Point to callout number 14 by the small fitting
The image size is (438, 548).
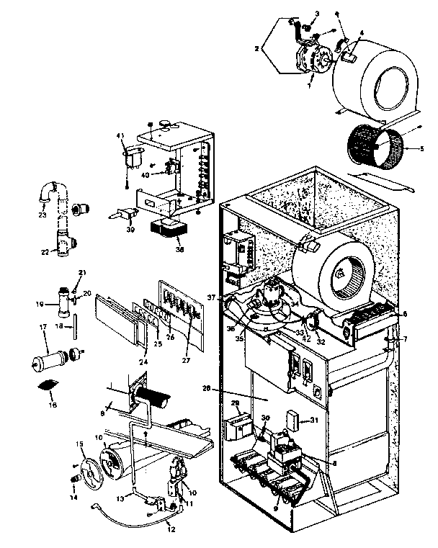click(x=73, y=495)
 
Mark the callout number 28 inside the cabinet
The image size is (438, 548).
click(x=206, y=388)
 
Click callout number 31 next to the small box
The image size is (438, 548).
click(x=314, y=421)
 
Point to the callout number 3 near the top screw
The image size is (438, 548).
click(x=317, y=14)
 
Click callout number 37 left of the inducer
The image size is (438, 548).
click(x=211, y=297)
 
